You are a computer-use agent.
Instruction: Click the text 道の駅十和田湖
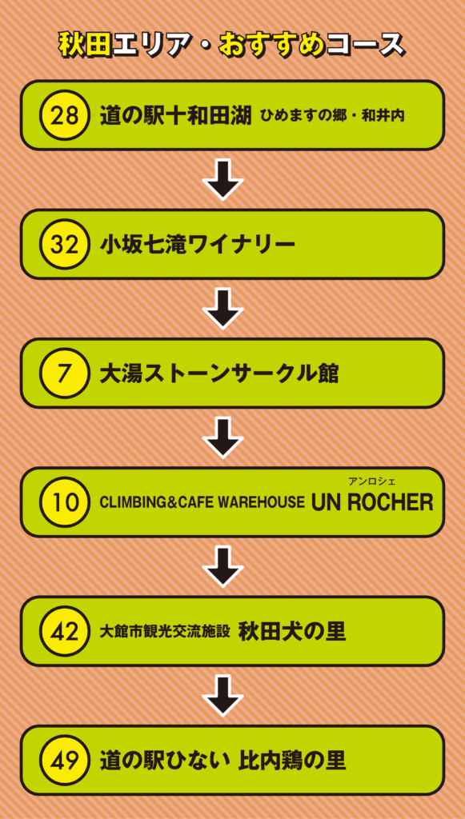[176, 115]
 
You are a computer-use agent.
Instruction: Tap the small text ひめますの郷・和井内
[332, 116]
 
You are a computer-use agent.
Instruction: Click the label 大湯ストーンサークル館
[219, 374]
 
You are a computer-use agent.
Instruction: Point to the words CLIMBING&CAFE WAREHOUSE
[202, 502]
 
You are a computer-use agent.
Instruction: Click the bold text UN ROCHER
[372, 502]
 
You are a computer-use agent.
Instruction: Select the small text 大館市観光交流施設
[165, 632]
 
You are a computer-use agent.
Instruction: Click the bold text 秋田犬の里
[292, 632]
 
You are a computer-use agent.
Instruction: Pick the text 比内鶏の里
[292, 761]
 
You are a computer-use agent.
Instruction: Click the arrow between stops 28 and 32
[223, 180]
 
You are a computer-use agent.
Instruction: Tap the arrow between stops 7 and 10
[223, 437]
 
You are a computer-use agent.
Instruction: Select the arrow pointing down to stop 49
[223, 696]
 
